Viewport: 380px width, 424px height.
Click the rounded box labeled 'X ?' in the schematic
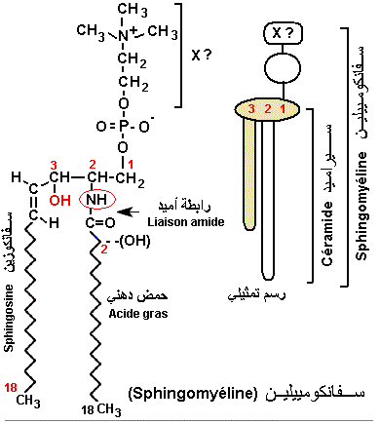tap(280, 32)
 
